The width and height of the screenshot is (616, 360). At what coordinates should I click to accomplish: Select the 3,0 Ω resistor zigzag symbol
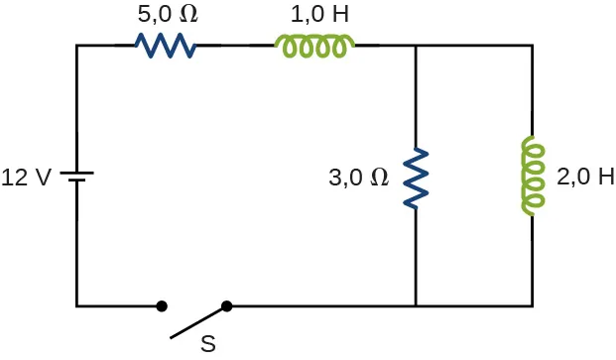click(x=416, y=179)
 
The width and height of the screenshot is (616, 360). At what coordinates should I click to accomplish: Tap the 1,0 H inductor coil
click(x=314, y=46)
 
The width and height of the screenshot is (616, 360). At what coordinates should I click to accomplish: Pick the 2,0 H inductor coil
click(x=533, y=178)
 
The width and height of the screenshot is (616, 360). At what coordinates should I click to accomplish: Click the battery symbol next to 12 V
click(x=76, y=177)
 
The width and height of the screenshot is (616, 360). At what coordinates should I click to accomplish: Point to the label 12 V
click(x=27, y=179)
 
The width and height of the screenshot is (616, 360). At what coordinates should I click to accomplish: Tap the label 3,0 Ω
click(x=358, y=179)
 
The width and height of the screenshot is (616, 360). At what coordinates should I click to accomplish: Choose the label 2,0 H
click(x=579, y=179)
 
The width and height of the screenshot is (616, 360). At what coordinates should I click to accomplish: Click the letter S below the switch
click(x=208, y=344)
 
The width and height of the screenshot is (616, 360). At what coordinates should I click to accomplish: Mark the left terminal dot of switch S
click(x=162, y=306)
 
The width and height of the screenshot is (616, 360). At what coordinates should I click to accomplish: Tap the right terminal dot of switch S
click(x=227, y=306)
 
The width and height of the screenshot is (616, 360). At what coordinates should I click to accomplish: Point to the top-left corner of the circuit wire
click(x=76, y=46)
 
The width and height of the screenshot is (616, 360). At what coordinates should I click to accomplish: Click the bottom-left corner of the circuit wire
click(x=76, y=306)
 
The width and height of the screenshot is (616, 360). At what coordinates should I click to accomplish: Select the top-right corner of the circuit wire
click(x=533, y=46)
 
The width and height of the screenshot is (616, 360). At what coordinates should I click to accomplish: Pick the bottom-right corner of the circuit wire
click(x=533, y=306)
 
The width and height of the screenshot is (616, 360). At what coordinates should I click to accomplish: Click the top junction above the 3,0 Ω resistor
click(x=416, y=46)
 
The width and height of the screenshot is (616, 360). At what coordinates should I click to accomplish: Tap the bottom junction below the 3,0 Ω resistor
click(x=416, y=306)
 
